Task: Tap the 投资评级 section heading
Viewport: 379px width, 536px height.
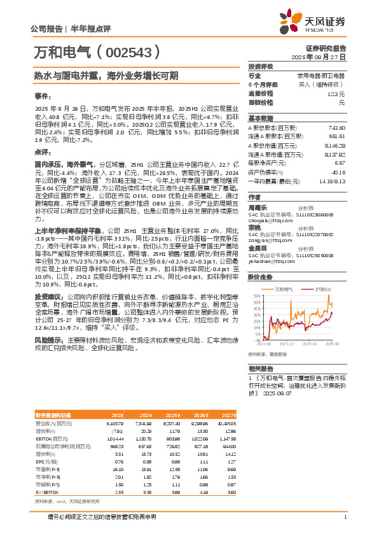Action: (x=261, y=66)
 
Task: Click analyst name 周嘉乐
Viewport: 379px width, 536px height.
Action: (x=258, y=207)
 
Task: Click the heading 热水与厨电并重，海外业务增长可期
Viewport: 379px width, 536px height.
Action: (x=106, y=74)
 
